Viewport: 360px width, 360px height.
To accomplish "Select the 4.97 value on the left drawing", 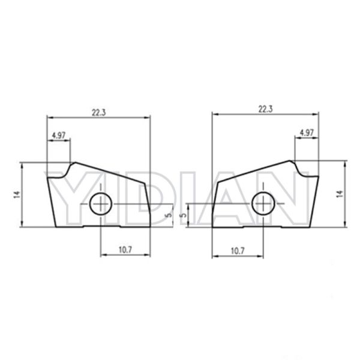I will coord(58,135).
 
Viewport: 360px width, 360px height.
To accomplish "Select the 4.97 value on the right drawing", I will coord(306,132).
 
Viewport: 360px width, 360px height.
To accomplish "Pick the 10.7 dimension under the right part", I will coord(238,250).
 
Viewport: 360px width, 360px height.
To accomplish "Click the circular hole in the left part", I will coord(100,205).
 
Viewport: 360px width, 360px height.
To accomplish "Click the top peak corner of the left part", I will coord(73,161).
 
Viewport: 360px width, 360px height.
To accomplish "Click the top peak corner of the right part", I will coord(293,160).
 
